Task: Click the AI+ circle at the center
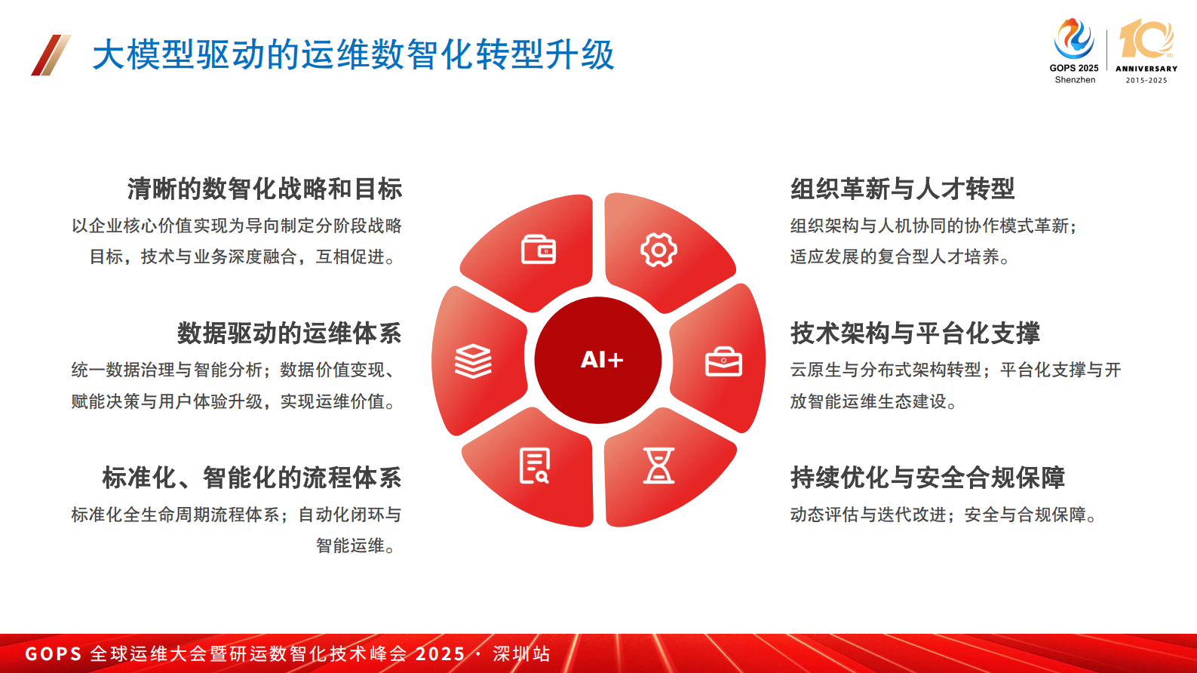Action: [x=599, y=360]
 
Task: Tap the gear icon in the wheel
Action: [x=658, y=250]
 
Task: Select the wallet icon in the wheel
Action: [x=539, y=250]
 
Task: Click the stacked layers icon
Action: [x=473, y=361]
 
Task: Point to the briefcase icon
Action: [x=723, y=361]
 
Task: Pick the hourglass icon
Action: [x=658, y=466]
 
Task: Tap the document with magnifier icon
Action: [x=535, y=466]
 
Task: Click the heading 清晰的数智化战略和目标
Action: [x=264, y=189]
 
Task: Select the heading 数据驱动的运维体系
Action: [x=289, y=333]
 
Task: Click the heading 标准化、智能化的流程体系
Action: [x=251, y=478]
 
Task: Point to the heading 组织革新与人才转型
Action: [x=902, y=189]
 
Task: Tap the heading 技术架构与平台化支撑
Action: [x=915, y=333]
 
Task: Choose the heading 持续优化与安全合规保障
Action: [x=927, y=478]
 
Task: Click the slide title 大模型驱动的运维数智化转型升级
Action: [x=353, y=55]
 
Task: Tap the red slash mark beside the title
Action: [x=51, y=55]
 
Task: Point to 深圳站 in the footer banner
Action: [x=521, y=653]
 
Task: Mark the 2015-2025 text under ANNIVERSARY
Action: [x=1146, y=80]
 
